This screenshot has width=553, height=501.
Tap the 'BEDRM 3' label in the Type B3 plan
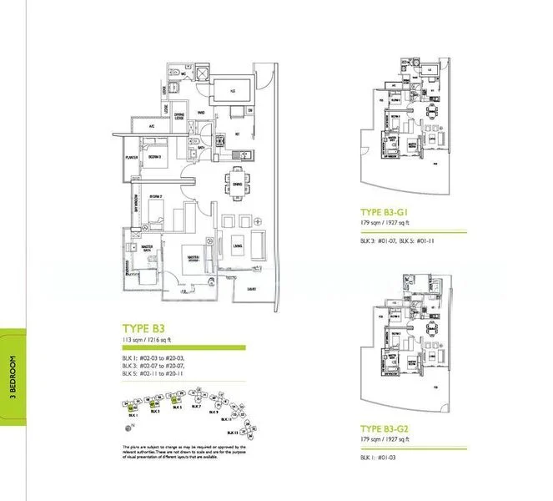154,156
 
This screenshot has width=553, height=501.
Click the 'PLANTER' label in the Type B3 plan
131,156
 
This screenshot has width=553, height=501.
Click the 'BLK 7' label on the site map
195,407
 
